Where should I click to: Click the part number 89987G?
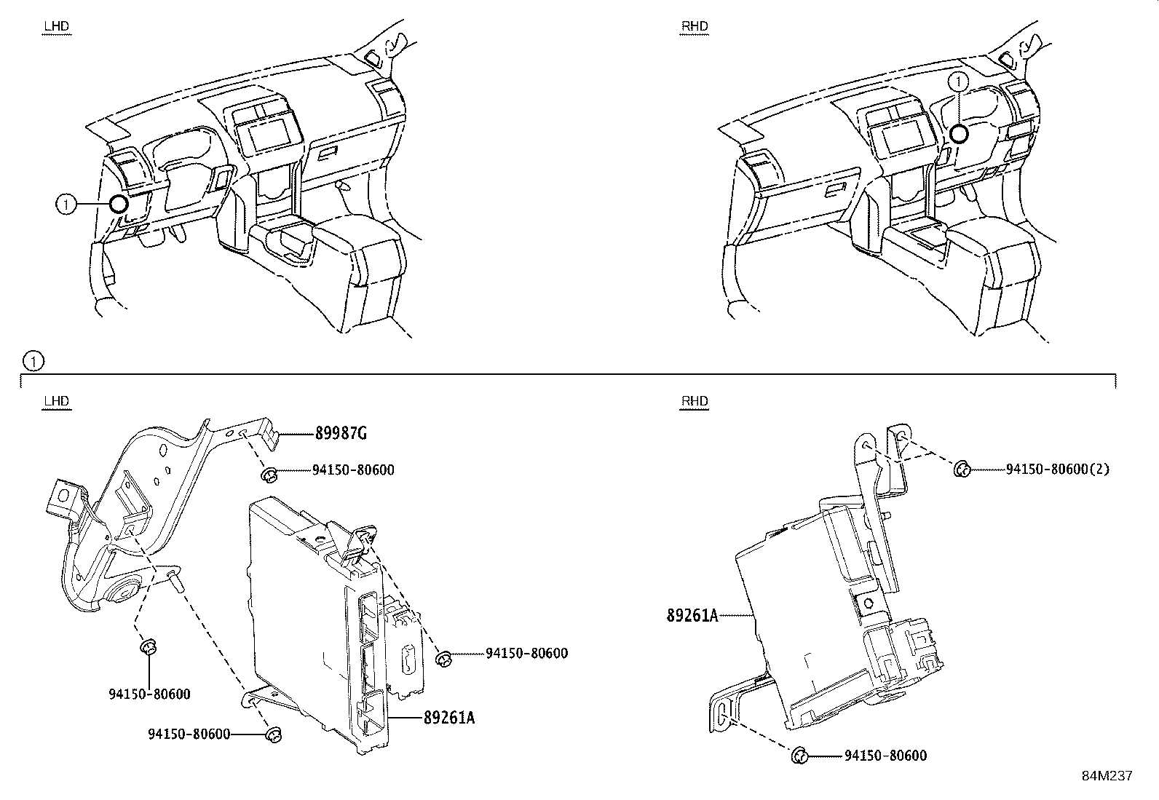(x=340, y=435)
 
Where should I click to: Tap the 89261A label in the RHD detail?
(x=692, y=616)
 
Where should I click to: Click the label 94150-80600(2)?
(x=1057, y=470)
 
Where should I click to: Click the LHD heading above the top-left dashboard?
(x=56, y=27)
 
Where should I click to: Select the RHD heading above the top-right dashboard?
(x=694, y=27)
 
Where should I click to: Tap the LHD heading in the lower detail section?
(x=56, y=402)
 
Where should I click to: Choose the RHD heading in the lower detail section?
(x=694, y=402)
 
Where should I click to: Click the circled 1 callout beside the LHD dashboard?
(x=66, y=205)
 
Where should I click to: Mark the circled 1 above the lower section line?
(x=33, y=360)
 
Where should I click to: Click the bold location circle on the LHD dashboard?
(x=118, y=205)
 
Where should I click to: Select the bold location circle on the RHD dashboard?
(x=959, y=133)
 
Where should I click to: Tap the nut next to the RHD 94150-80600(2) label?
(x=961, y=470)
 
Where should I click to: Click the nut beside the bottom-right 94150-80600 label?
(x=799, y=756)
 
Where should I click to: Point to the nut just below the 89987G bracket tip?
(x=268, y=475)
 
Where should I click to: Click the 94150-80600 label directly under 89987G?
(x=353, y=470)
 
